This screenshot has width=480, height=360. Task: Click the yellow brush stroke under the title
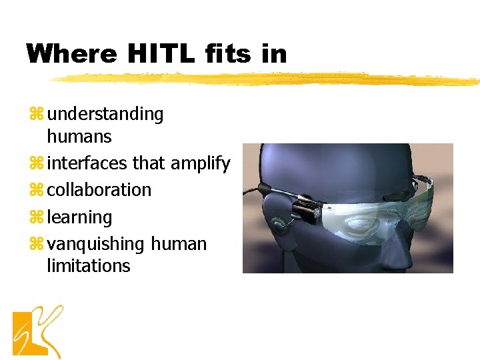tap(267, 80)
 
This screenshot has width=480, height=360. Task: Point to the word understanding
tap(105, 115)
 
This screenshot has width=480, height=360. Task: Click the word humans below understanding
tap(79, 137)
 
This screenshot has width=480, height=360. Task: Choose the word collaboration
tap(99, 190)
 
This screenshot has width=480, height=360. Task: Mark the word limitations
tap(88, 266)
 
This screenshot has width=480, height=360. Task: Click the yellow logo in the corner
tap(37, 331)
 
